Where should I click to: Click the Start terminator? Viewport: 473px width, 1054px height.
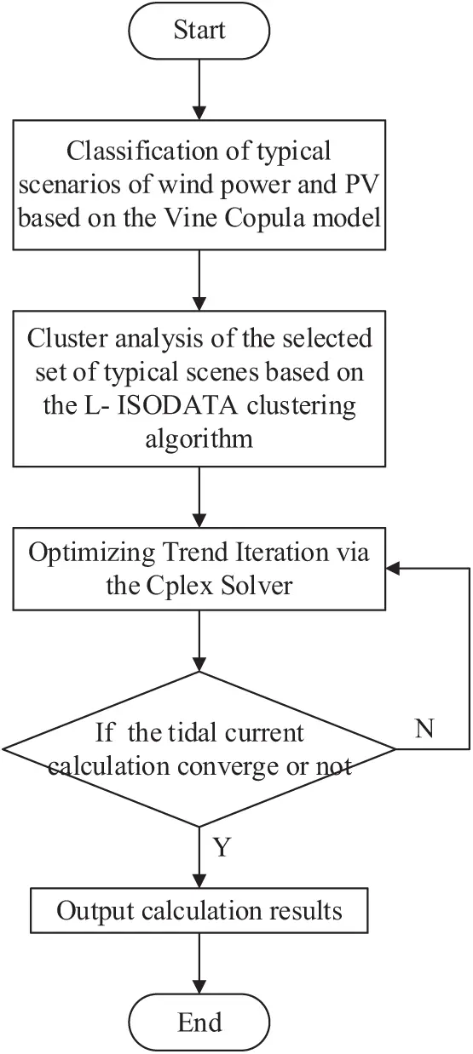pos(199,32)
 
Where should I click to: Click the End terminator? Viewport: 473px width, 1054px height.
pos(199,1021)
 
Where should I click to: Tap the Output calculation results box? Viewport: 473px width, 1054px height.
pos(199,912)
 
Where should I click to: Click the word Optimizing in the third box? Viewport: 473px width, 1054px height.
pos(84,553)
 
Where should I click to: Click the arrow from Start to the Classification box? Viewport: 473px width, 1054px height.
pos(199,89)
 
